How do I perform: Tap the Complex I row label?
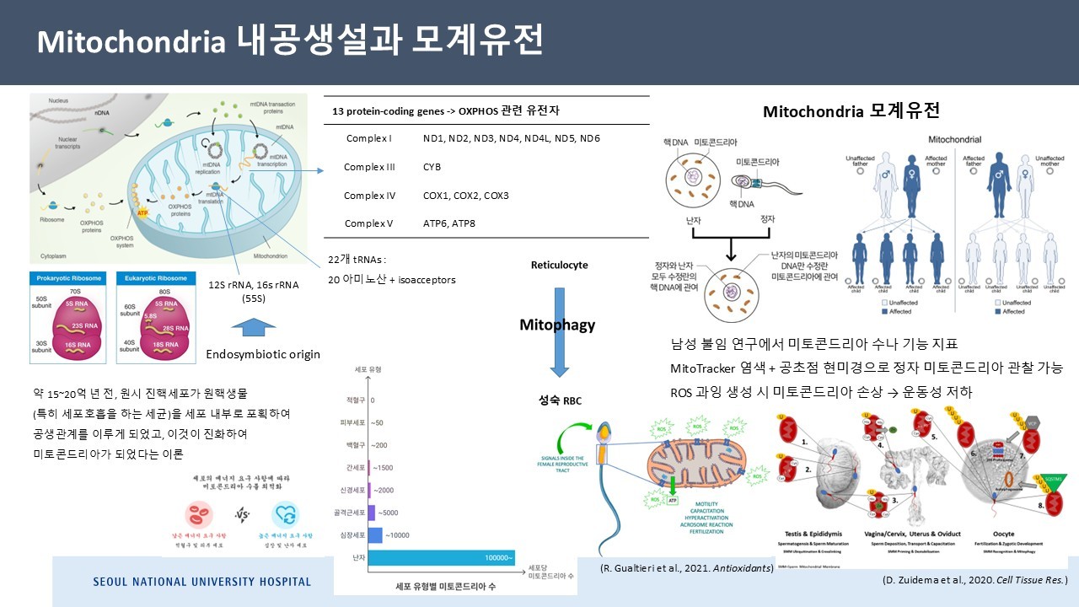368,137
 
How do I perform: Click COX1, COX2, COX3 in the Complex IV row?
465,196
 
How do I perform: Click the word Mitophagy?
557,325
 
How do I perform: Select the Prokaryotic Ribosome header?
67,277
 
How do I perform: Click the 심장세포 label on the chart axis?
353,535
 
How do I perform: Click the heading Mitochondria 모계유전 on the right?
851,111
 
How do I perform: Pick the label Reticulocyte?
559,265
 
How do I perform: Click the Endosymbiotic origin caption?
263,354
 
